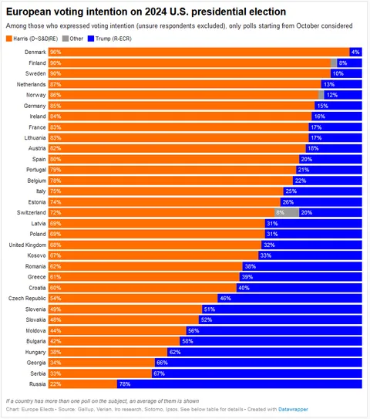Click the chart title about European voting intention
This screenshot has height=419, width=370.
pyautogui.click(x=146, y=12)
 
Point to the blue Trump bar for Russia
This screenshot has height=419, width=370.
pyautogui.click(x=239, y=384)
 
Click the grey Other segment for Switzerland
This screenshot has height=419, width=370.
pyautogui.click(x=287, y=212)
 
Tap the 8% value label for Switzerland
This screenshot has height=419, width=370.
pyautogui.click(x=281, y=212)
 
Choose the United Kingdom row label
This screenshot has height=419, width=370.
pyautogui.click(x=26, y=245)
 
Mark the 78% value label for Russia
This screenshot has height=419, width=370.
pyautogui.click(x=124, y=384)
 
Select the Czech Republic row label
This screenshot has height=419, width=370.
pyautogui.click(x=29, y=298)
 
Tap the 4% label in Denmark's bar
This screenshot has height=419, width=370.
pyautogui.click(x=355, y=52)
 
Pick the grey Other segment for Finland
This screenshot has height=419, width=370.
pyautogui.click(x=334, y=63)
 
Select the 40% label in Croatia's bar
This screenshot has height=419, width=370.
pyautogui.click(x=244, y=287)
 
